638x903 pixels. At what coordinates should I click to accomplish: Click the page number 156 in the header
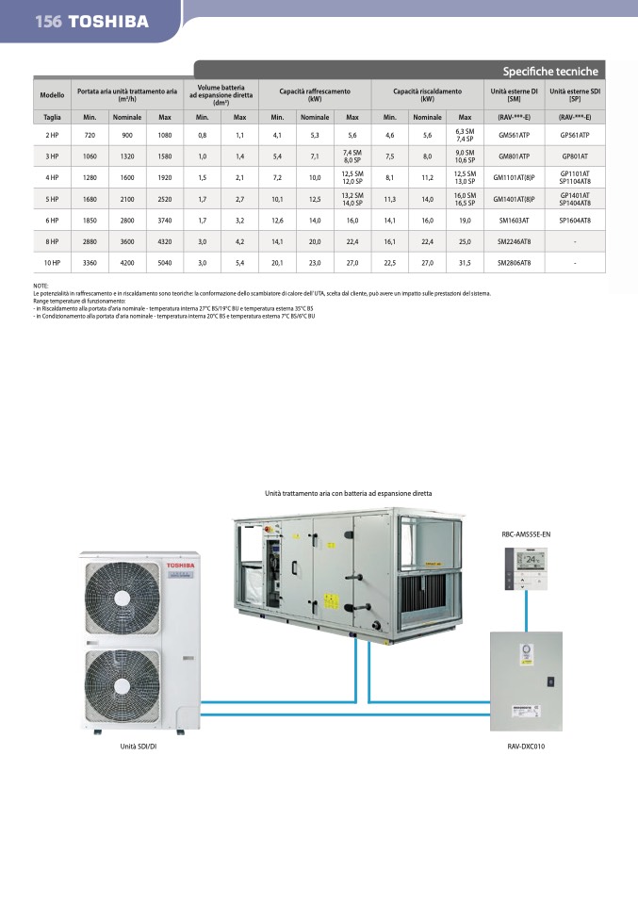(x=48, y=21)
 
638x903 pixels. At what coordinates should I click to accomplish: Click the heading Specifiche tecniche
(x=550, y=72)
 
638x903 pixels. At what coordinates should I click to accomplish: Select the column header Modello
(x=53, y=95)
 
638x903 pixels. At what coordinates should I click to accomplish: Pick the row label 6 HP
(x=53, y=220)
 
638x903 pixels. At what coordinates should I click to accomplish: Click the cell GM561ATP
(x=514, y=136)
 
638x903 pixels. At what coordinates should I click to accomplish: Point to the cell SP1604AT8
(x=574, y=220)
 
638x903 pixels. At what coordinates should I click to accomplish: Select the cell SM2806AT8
(x=514, y=264)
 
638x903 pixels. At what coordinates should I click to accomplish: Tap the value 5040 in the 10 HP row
(x=165, y=264)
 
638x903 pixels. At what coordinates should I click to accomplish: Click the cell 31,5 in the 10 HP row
(x=465, y=264)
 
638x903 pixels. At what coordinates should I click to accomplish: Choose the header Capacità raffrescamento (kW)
(x=315, y=95)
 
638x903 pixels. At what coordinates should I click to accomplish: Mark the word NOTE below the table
(x=41, y=286)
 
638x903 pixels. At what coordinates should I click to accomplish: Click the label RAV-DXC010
(x=526, y=747)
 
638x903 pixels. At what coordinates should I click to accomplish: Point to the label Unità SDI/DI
(x=138, y=747)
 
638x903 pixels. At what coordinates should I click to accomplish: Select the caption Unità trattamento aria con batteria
(x=348, y=493)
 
